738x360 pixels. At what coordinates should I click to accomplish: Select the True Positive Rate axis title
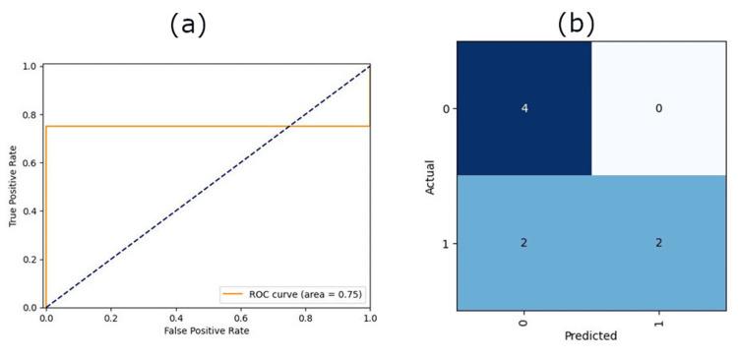coord(15,187)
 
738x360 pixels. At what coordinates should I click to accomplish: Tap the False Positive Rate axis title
coord(208,331)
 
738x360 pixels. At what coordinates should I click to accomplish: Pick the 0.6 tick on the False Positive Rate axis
coord(240,319)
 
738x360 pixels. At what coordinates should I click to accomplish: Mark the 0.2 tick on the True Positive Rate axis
coord(32,259)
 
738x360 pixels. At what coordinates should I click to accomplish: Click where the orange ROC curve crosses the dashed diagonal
coord(288,126)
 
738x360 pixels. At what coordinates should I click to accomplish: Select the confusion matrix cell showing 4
coord(523,108)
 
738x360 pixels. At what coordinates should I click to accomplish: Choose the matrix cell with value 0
coord(658,108)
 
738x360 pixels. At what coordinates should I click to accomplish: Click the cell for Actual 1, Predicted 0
coord(523,243)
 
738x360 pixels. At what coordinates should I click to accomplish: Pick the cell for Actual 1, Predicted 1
coord(658,243)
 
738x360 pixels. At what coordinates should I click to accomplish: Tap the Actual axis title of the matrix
coord(431,176)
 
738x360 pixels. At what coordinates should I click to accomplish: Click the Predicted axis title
coord(590,335)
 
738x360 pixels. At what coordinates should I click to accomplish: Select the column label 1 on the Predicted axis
coord(658,321)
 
